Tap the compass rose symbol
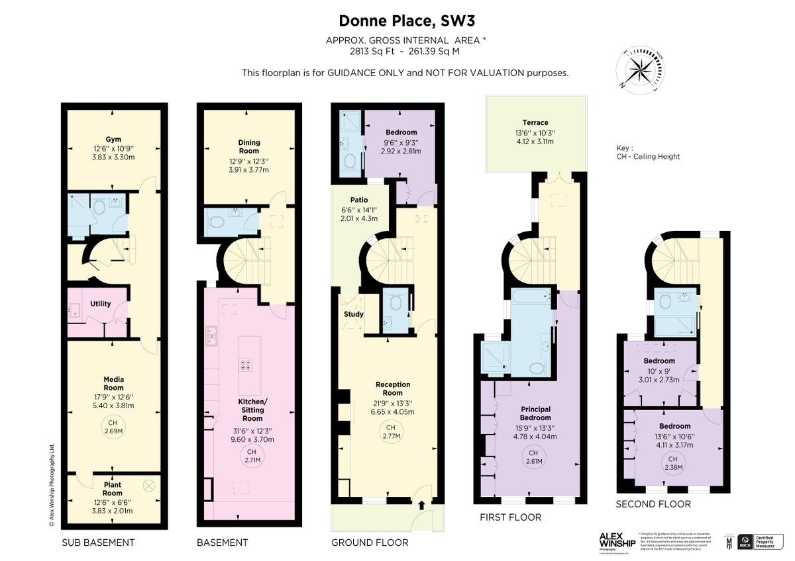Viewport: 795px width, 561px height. point(641,68)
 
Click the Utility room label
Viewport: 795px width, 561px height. point(101,304)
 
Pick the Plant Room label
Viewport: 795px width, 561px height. point(113,489)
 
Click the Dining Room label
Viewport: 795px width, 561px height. point(249,146)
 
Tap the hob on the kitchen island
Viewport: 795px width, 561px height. point(244,363)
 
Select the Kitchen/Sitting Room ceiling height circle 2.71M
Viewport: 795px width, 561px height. point(249,456)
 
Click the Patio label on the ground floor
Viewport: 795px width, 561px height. point(358,200)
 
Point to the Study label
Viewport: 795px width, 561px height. point(354,314)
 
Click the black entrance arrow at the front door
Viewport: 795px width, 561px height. point(421,505)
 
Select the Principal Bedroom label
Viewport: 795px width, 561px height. point(535,413)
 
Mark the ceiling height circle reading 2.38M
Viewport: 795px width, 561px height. point(673,463)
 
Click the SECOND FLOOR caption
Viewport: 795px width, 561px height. point(653,504)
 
